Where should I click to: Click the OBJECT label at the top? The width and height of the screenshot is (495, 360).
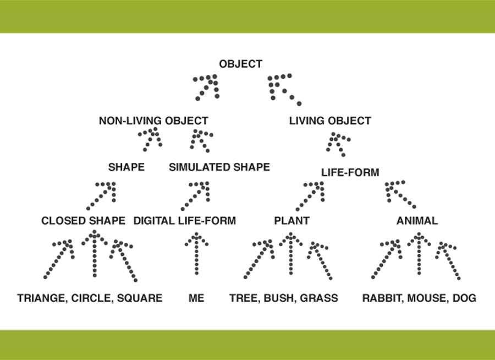(x=240, y=64)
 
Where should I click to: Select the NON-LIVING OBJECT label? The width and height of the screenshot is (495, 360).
(x=153, y=121)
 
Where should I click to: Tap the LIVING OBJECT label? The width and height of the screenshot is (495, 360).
(x=330, y=121)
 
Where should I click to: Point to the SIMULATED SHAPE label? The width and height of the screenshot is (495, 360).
(x=219, y=167)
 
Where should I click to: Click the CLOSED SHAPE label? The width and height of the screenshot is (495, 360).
(x=83, y=221)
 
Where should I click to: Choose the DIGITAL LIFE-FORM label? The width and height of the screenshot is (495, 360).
(x=184, y=221)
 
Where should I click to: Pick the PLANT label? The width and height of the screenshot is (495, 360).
(x=291, y=221)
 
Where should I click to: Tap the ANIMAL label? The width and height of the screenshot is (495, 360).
(x=417, y=221)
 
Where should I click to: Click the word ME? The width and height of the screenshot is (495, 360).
(x=196, y=298)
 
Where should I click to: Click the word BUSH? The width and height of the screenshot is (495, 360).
(x=279, y=298)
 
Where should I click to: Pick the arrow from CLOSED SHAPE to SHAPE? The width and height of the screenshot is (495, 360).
(x=102, y=195)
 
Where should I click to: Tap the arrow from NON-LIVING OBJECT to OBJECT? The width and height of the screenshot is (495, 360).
(x=207, y=86)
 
